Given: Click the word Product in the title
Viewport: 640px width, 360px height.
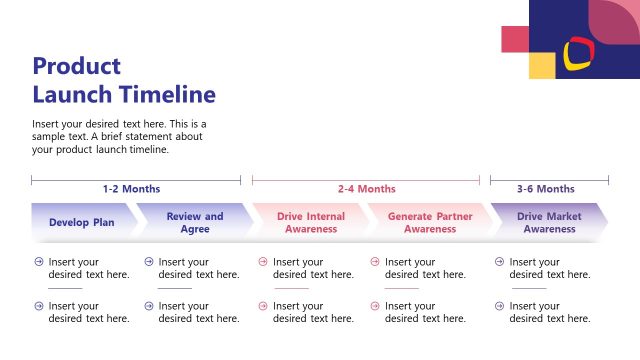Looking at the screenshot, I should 76,67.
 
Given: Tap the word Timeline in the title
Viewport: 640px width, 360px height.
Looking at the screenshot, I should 167,95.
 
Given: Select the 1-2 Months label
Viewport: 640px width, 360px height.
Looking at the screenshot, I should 131,189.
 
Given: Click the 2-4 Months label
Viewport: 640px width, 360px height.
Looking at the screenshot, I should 366,189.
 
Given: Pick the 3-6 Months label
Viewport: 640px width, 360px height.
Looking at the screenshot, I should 545,189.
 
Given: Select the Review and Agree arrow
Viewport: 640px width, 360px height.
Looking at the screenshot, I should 195,222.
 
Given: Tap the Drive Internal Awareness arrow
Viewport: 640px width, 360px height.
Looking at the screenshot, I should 310,222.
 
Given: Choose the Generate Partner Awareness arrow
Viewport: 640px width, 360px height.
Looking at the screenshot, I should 429,222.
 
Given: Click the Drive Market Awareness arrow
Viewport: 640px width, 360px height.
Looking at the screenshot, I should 549,222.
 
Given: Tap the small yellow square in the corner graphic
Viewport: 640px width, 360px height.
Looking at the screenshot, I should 541,65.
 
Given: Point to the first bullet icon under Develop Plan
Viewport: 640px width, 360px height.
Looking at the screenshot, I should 38,262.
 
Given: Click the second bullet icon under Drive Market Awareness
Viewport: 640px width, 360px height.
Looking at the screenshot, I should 499,306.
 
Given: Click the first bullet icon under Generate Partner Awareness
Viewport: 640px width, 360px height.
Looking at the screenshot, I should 375,262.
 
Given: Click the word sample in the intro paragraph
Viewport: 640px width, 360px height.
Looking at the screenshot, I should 50,137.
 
